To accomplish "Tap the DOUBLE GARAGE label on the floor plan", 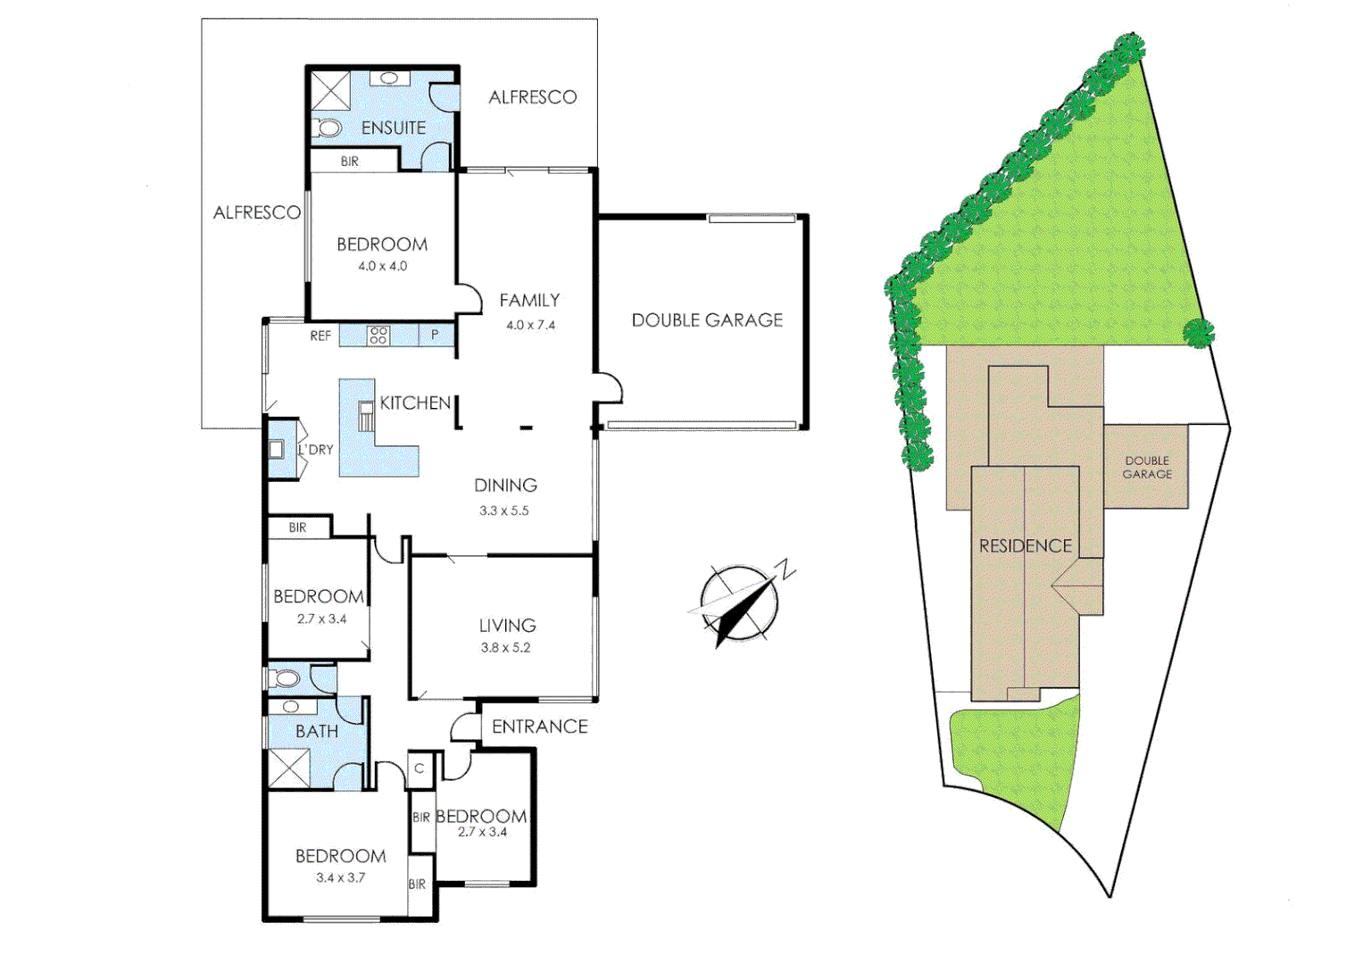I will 707,320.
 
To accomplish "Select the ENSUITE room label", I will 394,129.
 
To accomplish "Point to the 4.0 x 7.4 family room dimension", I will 530,325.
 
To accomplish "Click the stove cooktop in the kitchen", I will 378,336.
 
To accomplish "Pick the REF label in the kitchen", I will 320,337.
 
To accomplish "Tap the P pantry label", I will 435,335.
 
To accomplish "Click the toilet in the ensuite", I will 328,129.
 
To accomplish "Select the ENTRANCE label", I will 539,727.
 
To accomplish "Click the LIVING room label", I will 507,626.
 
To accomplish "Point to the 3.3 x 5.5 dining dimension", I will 504,511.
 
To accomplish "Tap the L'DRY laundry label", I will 316,450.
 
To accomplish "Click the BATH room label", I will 317,731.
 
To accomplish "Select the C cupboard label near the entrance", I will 419,769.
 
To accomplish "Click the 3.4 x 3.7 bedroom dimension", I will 340,877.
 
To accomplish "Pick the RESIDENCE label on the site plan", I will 1025,546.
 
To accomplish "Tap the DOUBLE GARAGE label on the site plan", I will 1147,468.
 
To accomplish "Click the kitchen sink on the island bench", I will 365,416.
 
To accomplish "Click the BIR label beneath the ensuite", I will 349,162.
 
